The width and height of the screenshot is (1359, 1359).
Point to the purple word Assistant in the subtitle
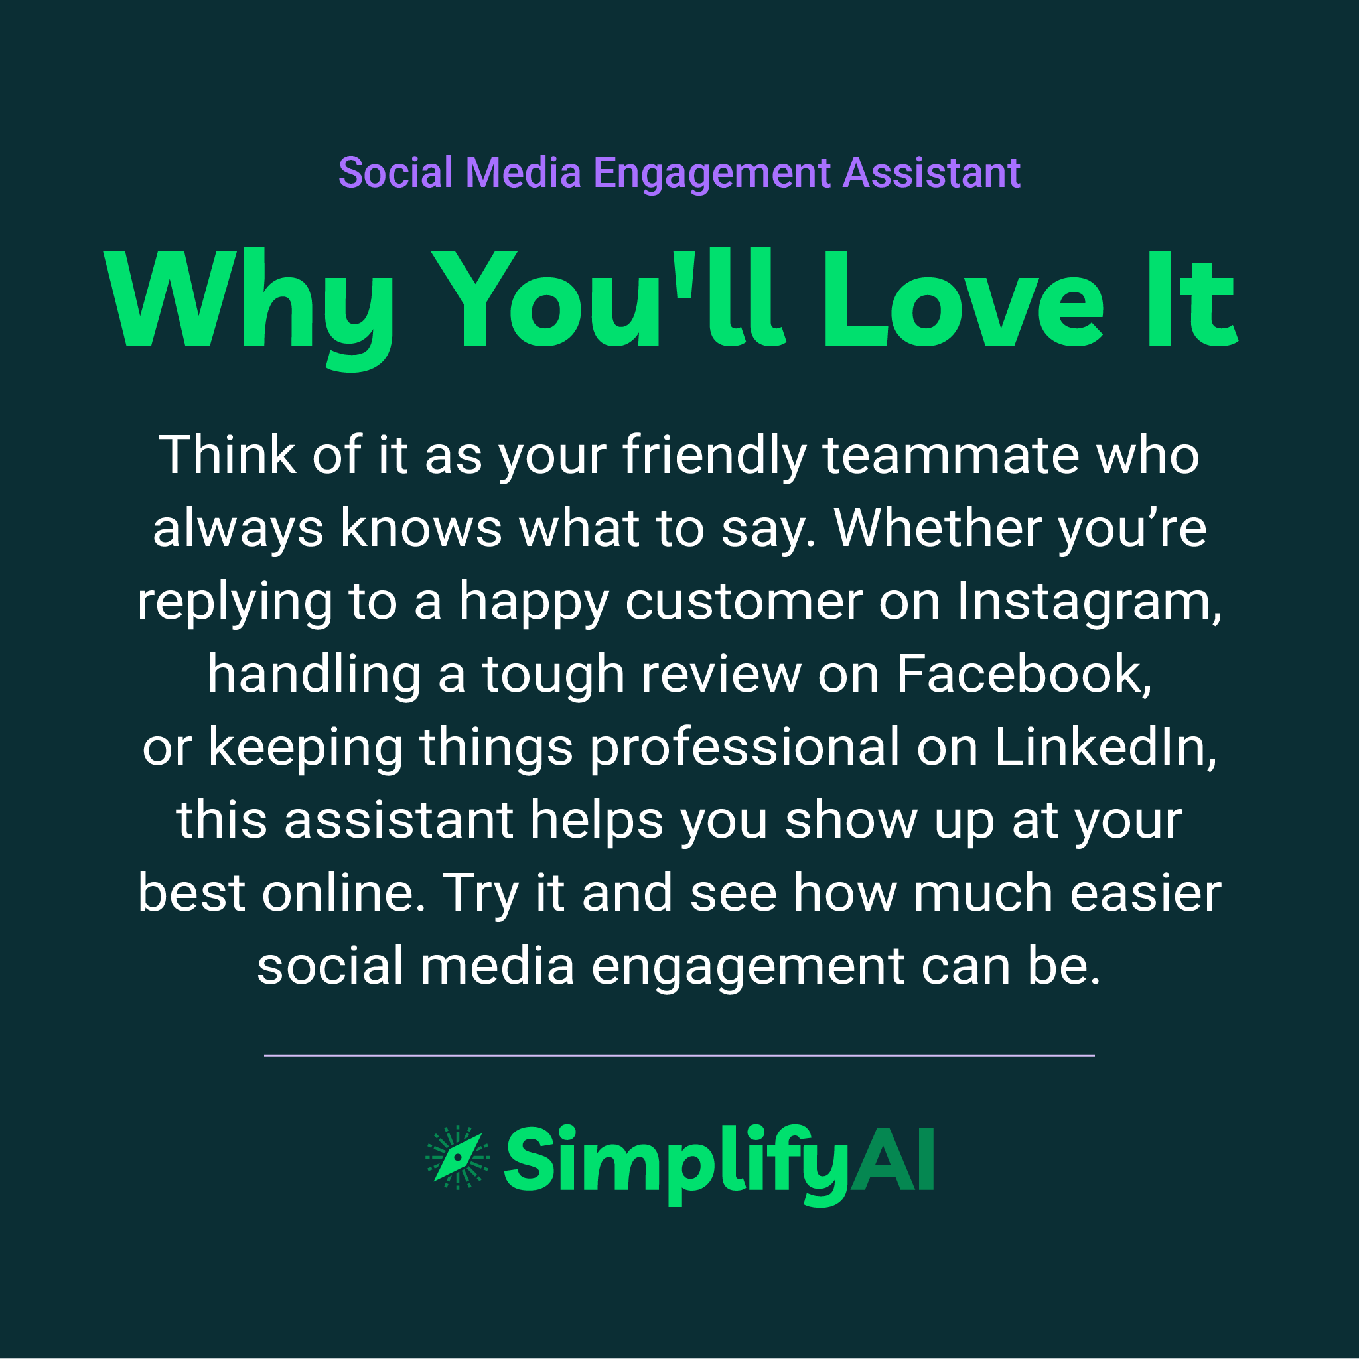pos(931,173)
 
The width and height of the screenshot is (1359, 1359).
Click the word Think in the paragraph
pos(227,456)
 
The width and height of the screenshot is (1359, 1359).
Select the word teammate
pos(950,456)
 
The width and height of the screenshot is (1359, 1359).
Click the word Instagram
pos(1088,602)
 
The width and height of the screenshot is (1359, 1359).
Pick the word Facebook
pos(1023,675)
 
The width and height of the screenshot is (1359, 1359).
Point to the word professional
pos(744,748)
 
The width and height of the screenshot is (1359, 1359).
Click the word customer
pos(743,602)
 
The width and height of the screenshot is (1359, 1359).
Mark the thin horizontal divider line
pos(679,1055)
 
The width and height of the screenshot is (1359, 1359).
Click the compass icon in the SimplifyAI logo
pos(457,1158)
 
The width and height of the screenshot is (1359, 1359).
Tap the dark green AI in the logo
pos(893,1159)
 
